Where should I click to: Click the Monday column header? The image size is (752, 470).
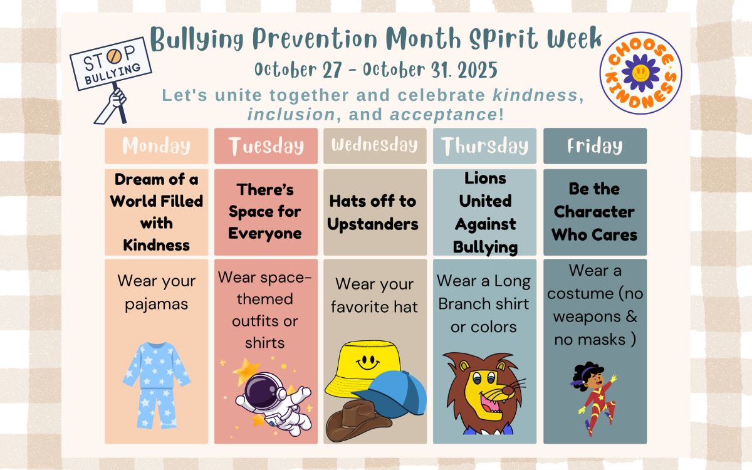click(156, 146)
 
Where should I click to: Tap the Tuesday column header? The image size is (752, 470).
click(266, 146)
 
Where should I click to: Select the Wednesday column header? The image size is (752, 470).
click(375, 146)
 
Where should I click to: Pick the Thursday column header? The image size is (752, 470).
click(484, 146)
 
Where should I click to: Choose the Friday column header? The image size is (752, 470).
click(595, 146)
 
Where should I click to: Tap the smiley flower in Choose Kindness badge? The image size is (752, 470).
click(640, 72)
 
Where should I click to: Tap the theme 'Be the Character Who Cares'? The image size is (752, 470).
click(595, 212)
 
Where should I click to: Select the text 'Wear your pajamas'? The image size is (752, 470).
click(156, 292)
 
